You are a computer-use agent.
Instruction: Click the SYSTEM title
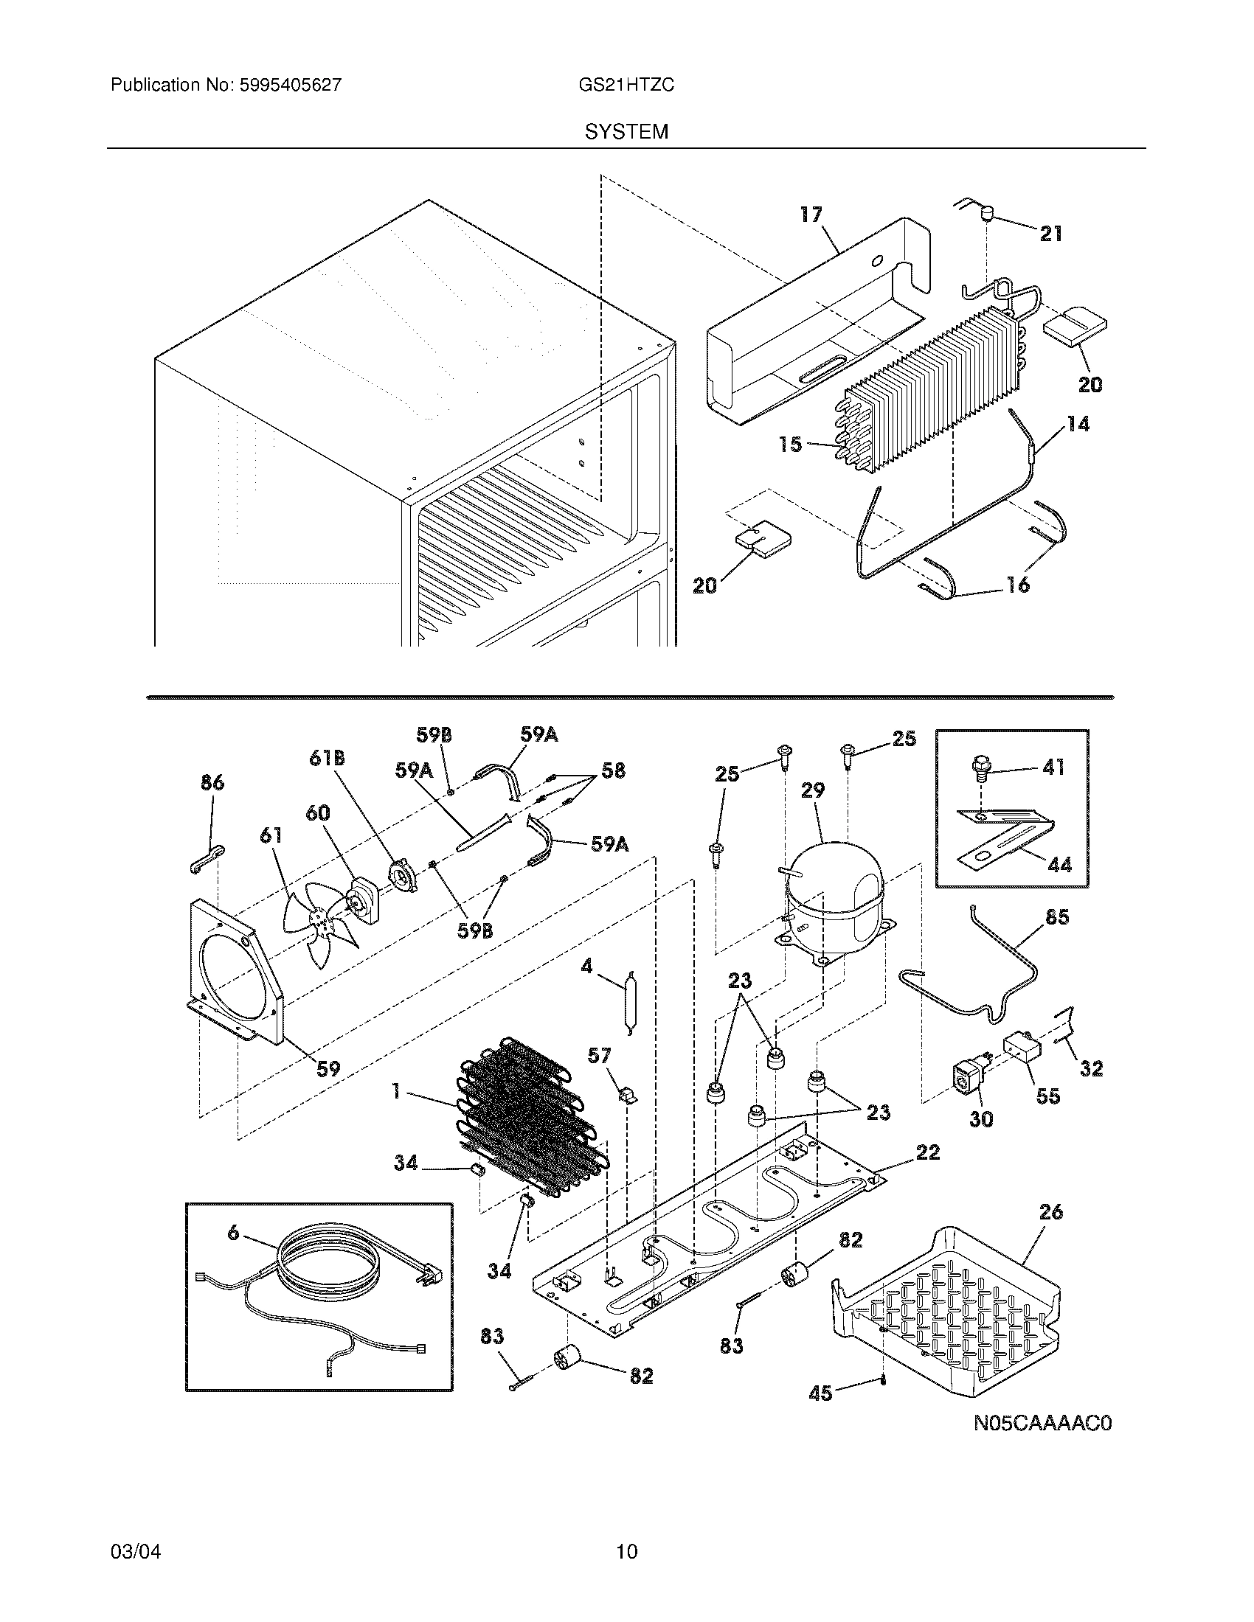coord(626,132)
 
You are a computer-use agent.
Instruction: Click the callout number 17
coord(811,215)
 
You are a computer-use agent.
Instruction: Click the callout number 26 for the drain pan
coord(1050,1211)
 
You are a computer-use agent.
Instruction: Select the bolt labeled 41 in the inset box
coord(981,770)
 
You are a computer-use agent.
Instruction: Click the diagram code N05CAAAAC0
coord(1043,1423)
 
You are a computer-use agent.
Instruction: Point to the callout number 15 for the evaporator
coord(791,444)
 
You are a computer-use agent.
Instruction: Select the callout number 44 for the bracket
coord(1060,864)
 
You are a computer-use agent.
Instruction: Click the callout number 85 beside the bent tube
coord(1056,917)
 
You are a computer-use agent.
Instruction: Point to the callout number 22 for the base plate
coord(928,1152)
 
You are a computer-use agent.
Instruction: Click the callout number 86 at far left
coord(212,782)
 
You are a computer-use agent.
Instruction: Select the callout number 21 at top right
coord(1050,234)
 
